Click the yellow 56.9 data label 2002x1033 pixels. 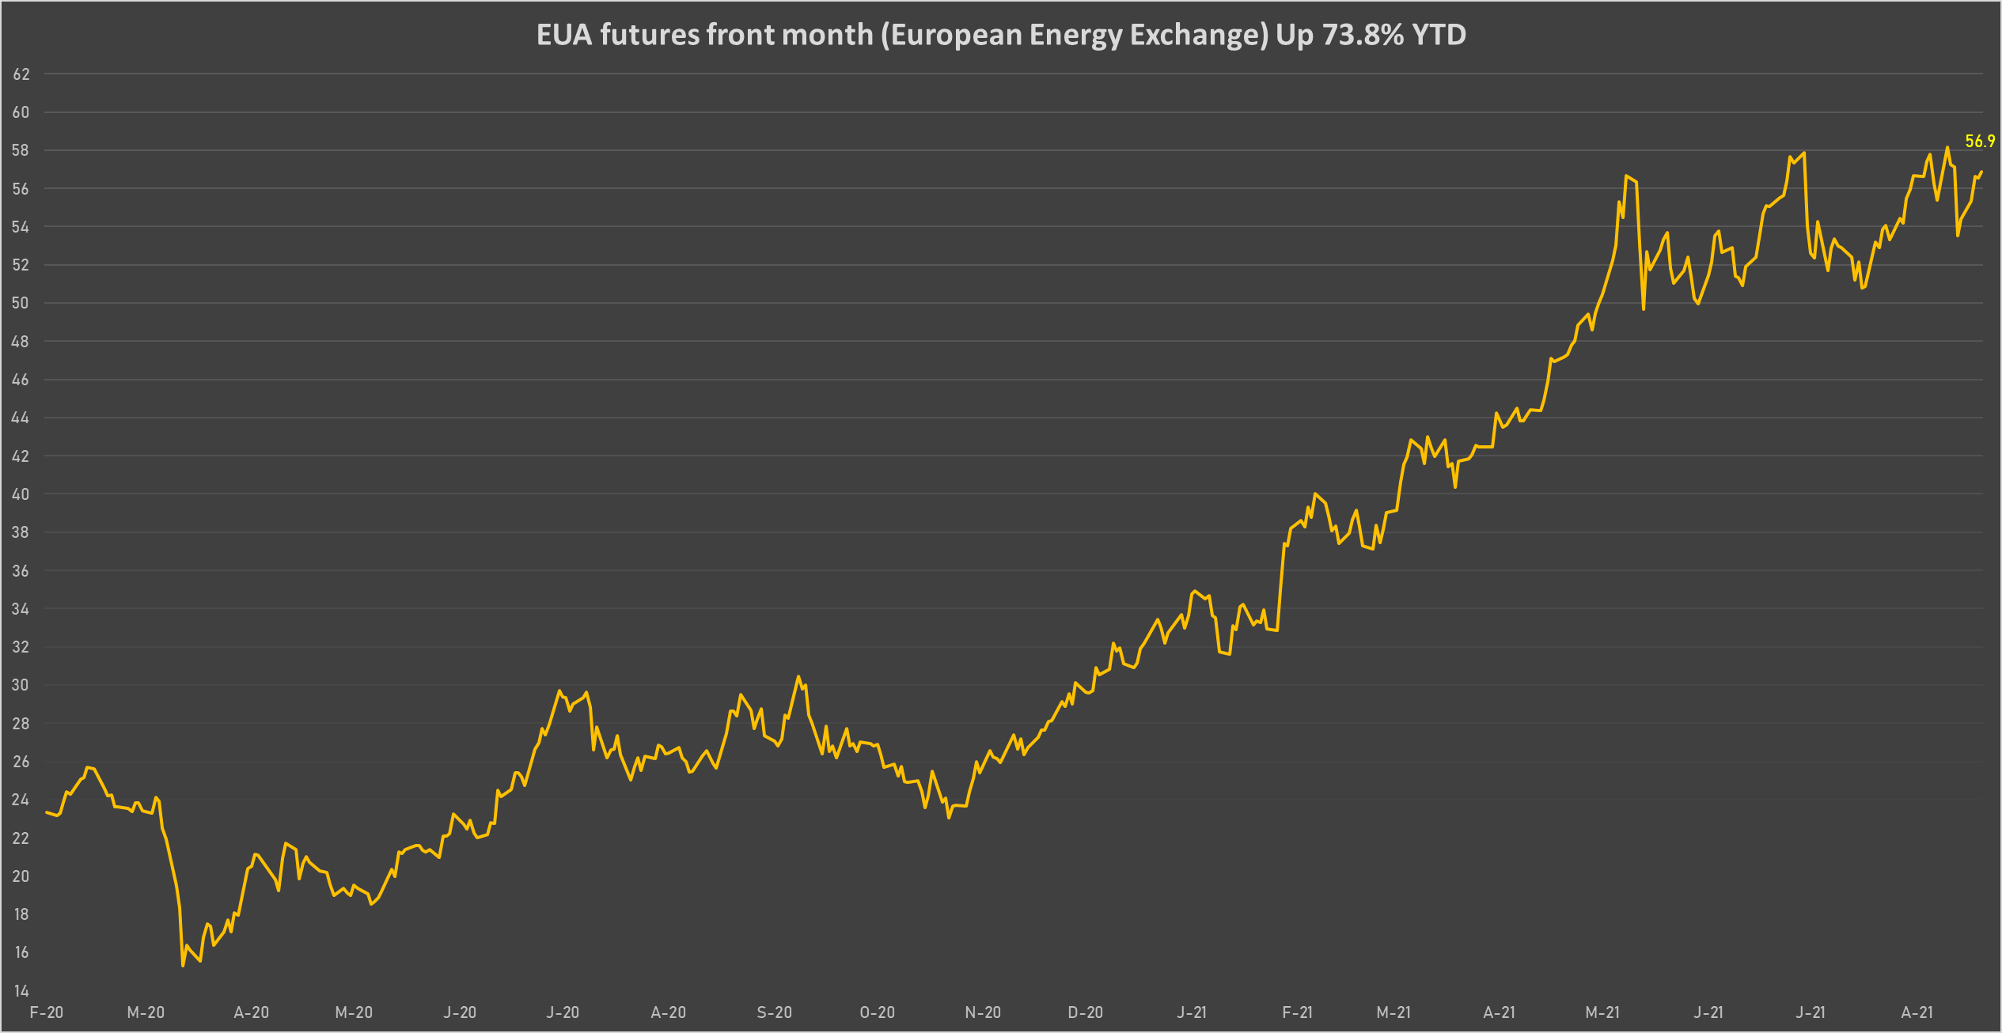[1980, 142]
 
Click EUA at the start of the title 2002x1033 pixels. [564, 36]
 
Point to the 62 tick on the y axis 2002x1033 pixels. [21, 74]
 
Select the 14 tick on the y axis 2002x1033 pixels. [21, 990]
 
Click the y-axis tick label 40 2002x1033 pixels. [21, 494]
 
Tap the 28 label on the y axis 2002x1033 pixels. [21, 724]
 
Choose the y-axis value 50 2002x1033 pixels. [21, 303]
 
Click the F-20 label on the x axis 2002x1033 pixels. [46, 1012]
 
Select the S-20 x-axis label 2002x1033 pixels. [774, 1012]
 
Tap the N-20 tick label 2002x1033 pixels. [983, 1012]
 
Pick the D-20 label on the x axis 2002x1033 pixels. [1085, 1012]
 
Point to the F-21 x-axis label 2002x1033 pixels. [1297, 1012]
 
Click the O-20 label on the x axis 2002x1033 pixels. [878, 1012]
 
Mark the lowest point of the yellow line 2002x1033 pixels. [183, 965]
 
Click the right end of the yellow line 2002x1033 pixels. [1981, 172]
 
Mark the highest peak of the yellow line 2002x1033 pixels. [1947, 147]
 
